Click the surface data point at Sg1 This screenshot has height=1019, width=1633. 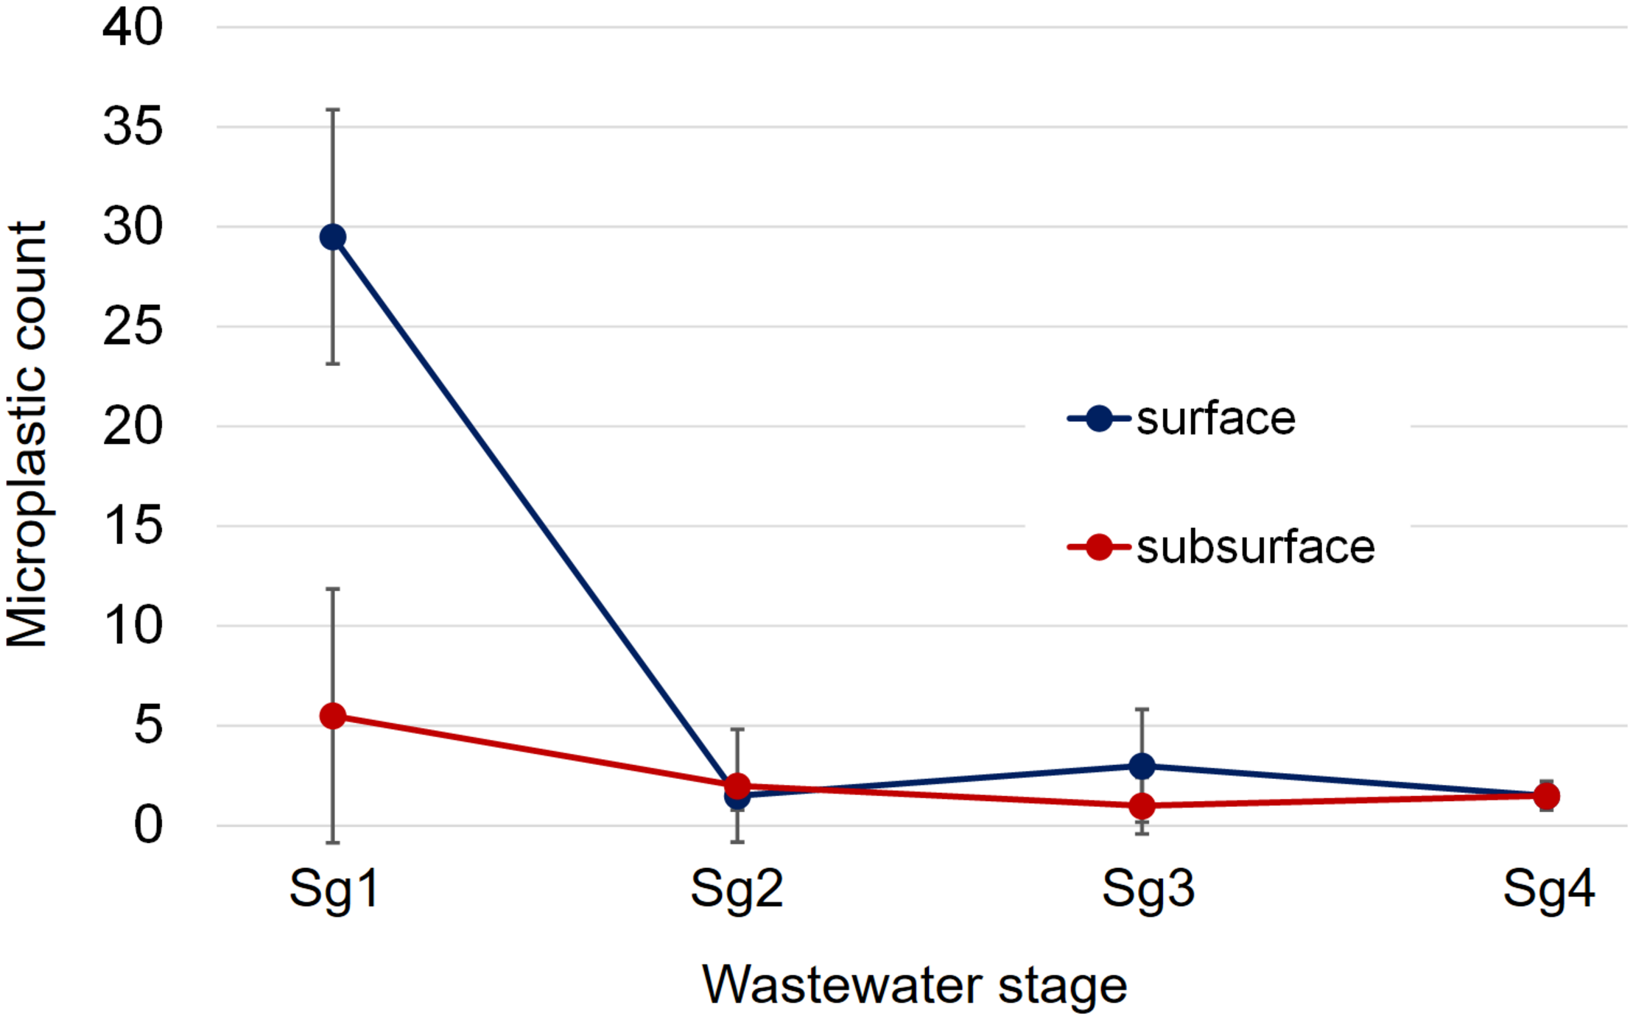click(x=333, y=237)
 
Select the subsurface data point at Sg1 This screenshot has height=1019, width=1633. click(x=333, y=716)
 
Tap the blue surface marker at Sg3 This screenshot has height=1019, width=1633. click(x=1142, y=766)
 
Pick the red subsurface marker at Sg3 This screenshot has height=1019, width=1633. click(x=1142, y=806)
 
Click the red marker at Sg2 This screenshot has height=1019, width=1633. click(x=737, y=786)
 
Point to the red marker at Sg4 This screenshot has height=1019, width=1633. click(x=1546, y=796)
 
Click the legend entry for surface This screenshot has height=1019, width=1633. click(x=1215, y=419)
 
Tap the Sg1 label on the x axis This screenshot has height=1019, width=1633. click(x=334, y=889)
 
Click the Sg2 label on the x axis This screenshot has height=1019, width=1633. click(x=737, y=889)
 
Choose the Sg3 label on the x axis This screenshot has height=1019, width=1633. click(x=1148, y=889)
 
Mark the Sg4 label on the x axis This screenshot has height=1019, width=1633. click(x=1548, y=889)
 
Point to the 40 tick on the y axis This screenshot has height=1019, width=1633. click(x=133, y=27)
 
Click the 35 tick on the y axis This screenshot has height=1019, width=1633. click(x=133, y=127)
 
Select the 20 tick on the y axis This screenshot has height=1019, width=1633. click(x=133, y=426)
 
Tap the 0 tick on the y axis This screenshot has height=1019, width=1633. click(x=147, y=825)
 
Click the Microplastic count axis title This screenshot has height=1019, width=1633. click(x=27, y=434)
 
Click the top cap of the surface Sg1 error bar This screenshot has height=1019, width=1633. click(x=333, y=110)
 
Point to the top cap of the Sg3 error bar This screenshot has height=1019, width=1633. click(x=1142, y=710)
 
